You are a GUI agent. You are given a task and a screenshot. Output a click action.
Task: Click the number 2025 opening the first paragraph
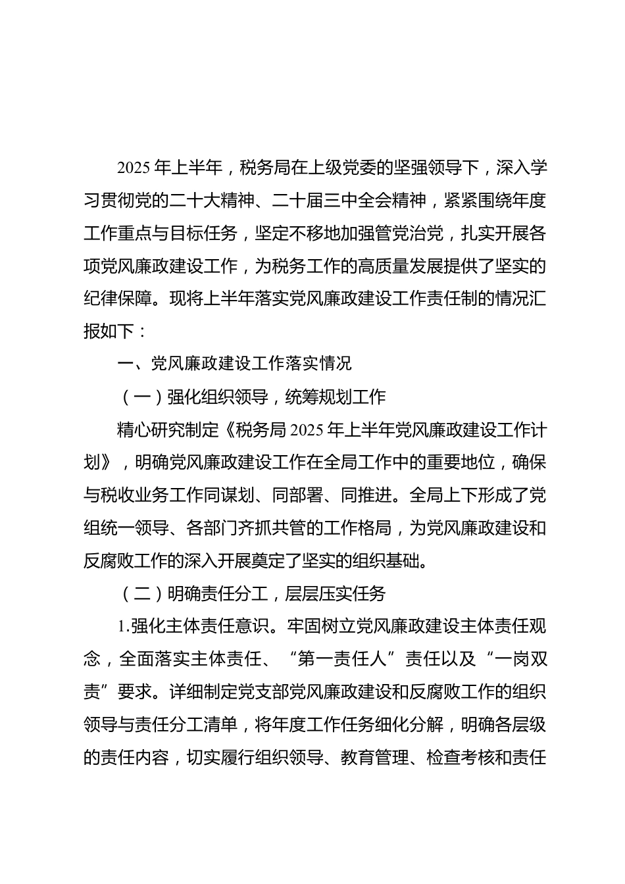pyautogui.click(x=135, y=168)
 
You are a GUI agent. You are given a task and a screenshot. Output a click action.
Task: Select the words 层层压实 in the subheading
pyautogui.click(x=314, y=595)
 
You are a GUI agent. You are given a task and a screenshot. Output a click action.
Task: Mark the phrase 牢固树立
pyautogui.click(x=323, y=627)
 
